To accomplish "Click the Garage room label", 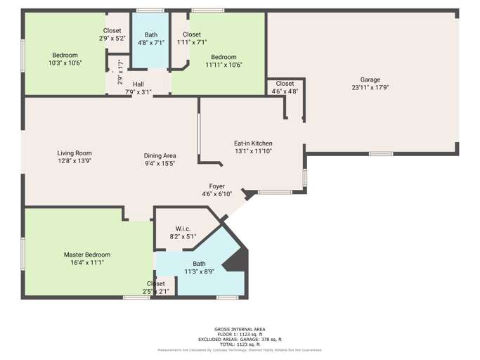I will tap(370, 80).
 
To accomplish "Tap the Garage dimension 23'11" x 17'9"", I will tap(370, 88).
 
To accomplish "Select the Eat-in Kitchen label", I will tap(253, 143).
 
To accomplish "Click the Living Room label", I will tap(74, 153).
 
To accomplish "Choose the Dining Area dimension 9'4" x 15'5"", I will tap(160, 163).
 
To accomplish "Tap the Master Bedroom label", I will tap(87, 255).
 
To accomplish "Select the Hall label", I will tap(138, 84).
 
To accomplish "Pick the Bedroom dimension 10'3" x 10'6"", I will tap(65, 63).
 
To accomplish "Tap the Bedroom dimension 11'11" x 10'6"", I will tap(224, 65).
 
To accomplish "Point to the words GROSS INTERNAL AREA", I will tap(240, 329).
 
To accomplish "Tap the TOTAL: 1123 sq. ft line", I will tap(240, 344).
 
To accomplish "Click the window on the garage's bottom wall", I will tap(381, 153).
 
